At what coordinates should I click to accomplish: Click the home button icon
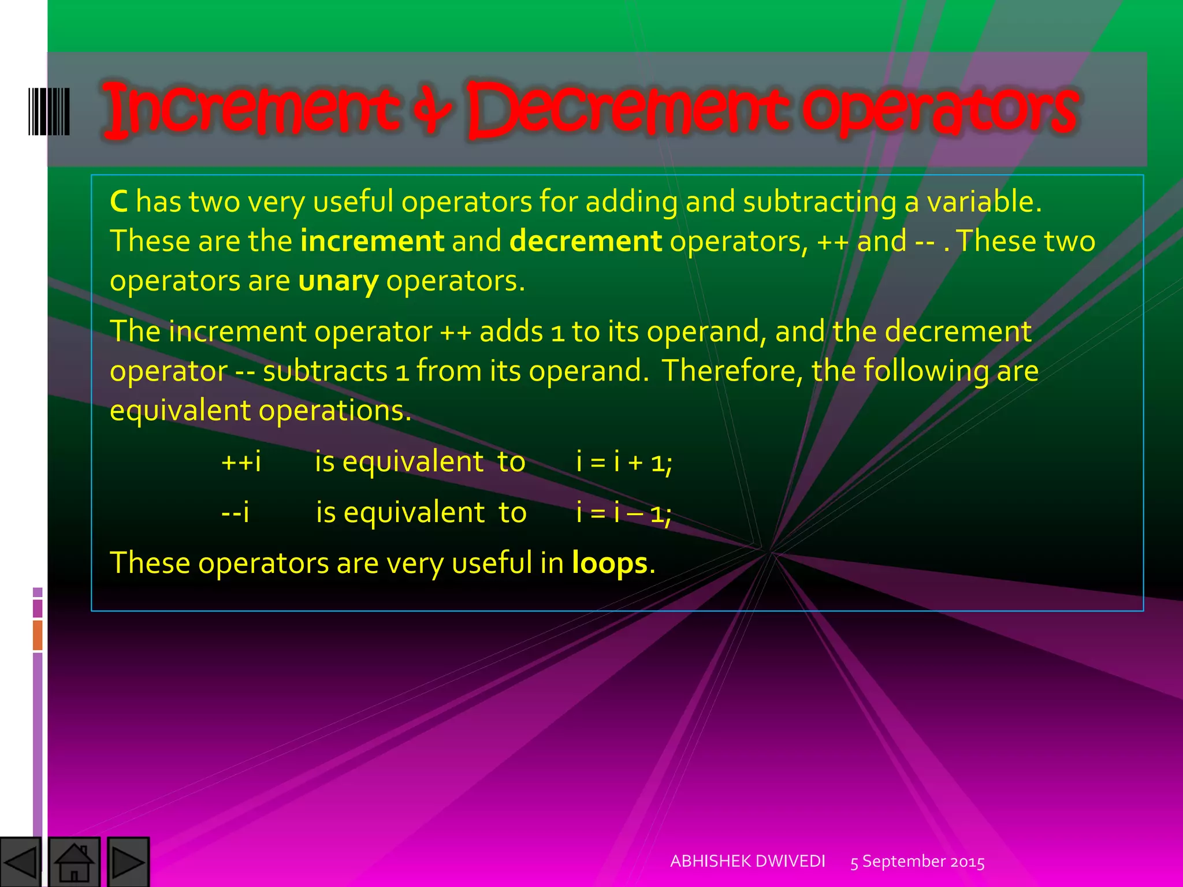[x=74, y=862]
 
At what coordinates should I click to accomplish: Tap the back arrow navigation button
[x=21, y=862]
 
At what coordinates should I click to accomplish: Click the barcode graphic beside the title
[x=49, y=111]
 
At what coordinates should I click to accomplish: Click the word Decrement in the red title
[x=627, y=110]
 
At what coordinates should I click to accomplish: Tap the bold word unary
[x=338, y=281]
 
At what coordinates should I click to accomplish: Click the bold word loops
[x=610, y=563]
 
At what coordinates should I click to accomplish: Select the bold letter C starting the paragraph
[x=119, y=202]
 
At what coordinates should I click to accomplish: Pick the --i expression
[x=235, y=512]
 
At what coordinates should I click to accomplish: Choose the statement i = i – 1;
[x=624, y=512]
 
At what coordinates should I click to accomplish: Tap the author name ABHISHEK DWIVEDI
[x=747, y=861]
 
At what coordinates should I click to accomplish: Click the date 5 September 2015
[x=917, y=862]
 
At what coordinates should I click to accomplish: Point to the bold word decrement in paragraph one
[x=585, y=241]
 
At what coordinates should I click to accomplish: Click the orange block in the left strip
[x=38, y=635]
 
